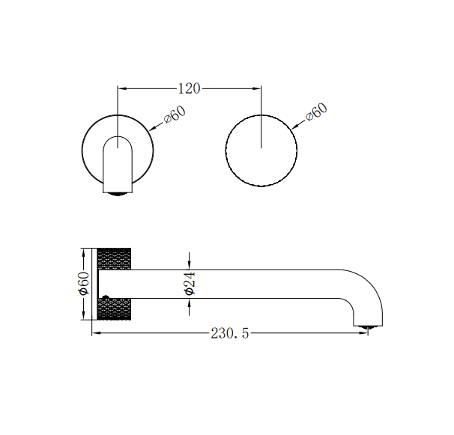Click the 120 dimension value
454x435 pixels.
click(189, 88)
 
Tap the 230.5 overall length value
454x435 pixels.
click(229, 333)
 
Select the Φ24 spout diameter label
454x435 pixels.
click(190, 284)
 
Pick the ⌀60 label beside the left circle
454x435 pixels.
click(174, 117)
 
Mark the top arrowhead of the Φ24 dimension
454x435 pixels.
click(190, 265)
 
